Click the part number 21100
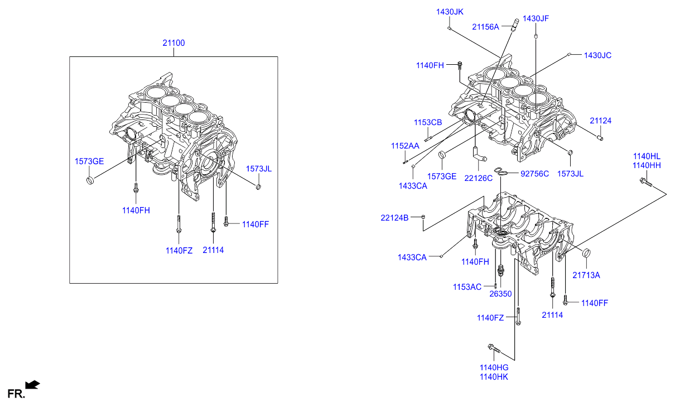(173, 43)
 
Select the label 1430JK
(450, 12)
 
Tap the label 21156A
(485, 26)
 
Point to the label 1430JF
(536, 18)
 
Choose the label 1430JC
(597, 55)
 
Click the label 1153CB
(428, 122)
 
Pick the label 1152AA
(405, 146)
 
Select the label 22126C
(479, 178)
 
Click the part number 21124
(601, 121)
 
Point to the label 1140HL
(647, 156)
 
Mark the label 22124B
(395, 217)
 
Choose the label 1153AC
(467, 287)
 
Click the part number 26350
(500, 294)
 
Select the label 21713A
(586, 275)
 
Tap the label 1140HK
(494, 376)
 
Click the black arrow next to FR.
(33, 384)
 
